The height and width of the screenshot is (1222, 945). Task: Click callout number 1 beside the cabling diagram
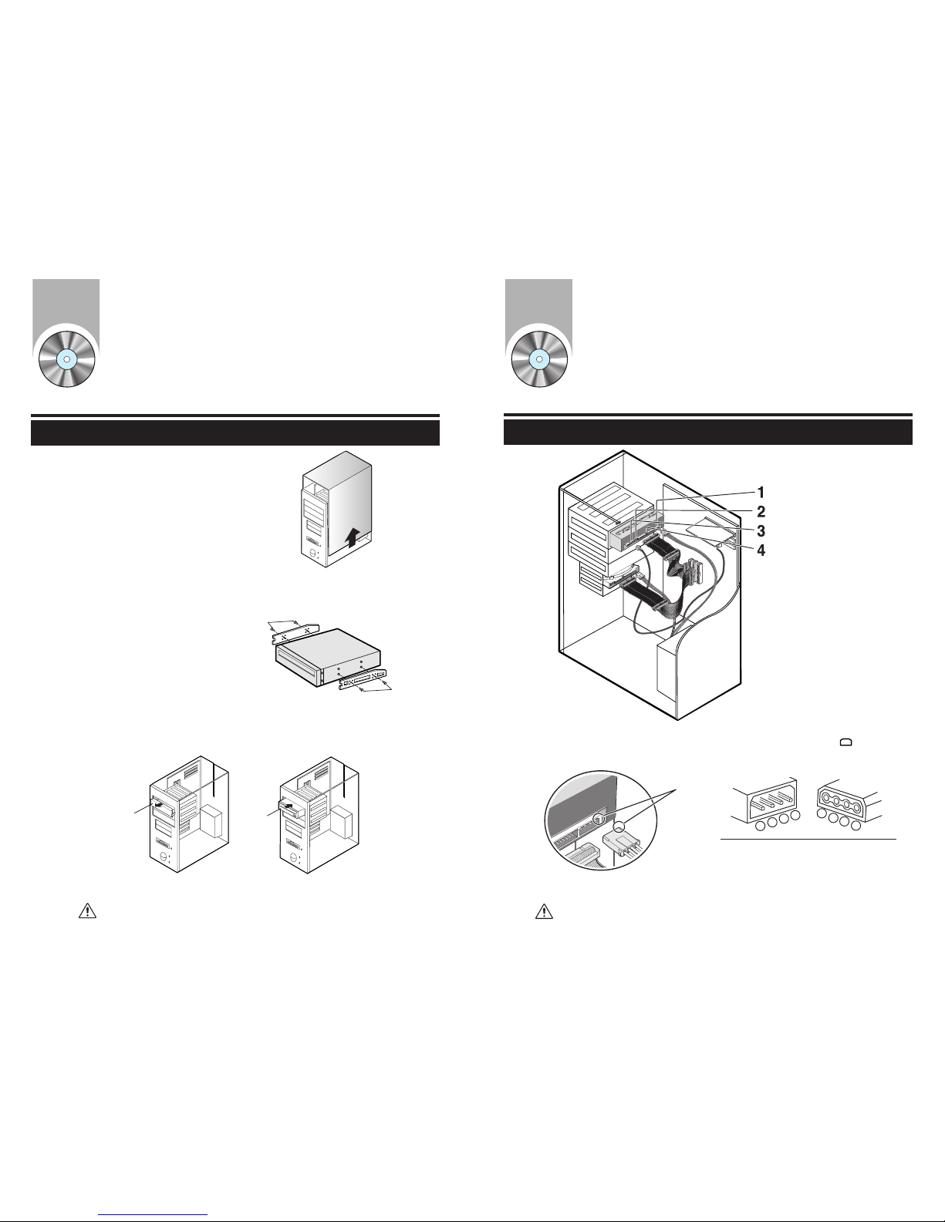coord(761,493)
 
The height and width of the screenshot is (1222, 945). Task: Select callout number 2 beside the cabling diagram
coord(761,512)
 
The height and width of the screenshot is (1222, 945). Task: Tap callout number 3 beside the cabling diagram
coord(761,531)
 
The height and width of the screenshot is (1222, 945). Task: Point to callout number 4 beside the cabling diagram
coord(761,550)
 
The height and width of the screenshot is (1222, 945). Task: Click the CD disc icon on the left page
coord(67,359)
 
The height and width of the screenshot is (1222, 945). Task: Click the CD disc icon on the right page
coord(539,359)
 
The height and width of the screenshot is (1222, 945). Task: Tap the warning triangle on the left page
coord(87,911)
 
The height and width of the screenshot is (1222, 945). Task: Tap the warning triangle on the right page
coord(544,911)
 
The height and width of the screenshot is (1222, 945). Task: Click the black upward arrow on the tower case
coord(353,537)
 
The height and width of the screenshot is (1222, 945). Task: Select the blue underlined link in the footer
coord(153,1214)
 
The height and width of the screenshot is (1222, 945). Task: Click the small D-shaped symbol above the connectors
coord(846,742)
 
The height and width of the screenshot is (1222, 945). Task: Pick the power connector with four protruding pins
coord(766,806)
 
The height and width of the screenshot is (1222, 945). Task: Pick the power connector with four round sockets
coord(849,805)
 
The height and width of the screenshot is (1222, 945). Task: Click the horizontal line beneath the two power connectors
coord(808,839)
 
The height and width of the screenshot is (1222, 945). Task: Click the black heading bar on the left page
coord(235,433)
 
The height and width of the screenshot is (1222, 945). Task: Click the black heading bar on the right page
coord(707,433)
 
